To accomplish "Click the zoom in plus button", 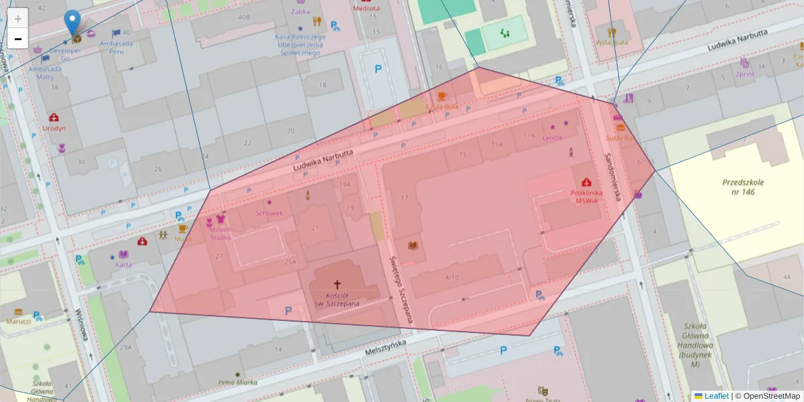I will [18, 19].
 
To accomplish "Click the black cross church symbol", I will [337, 284].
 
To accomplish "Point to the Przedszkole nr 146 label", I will [743, 187].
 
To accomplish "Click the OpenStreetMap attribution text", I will [771, 396].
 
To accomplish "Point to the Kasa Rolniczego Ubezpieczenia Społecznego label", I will [300, 44].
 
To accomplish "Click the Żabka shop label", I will [301, 11].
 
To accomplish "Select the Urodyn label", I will [54, 127].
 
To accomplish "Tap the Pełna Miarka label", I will [237, 383].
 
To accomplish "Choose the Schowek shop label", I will [269, 213].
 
